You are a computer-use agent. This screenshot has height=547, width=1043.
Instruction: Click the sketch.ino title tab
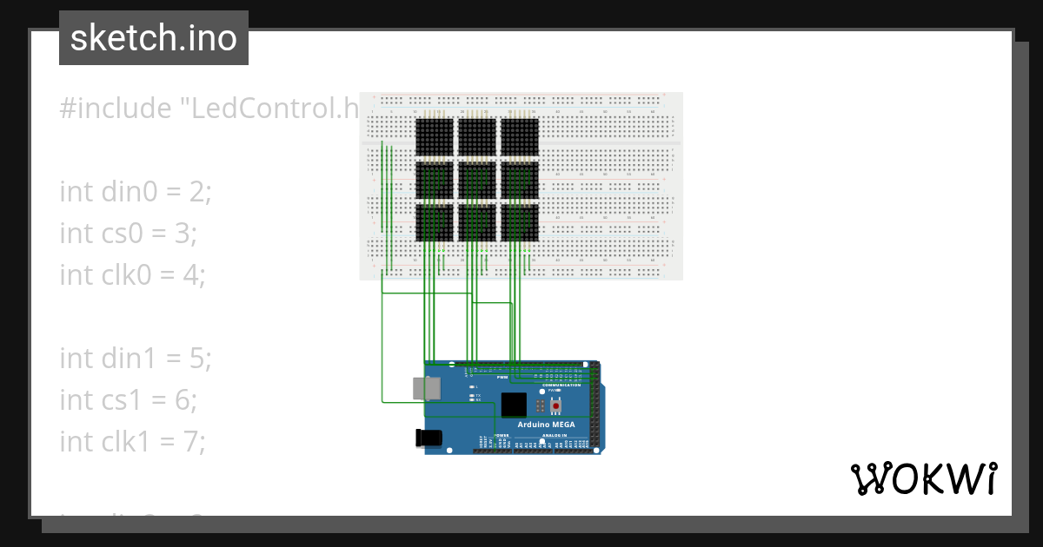click(x=153, y=38)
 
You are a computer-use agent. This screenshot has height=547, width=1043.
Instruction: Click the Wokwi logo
click(x=924, y=478)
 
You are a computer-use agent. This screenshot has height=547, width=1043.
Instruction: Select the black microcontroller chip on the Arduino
click(x=514, y=405)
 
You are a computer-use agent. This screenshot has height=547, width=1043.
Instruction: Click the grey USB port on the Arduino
click(x=425, y=389)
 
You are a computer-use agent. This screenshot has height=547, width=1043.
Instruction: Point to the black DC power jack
click(x=430, y=438)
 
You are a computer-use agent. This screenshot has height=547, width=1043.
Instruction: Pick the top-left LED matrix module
click(x=435, y=136)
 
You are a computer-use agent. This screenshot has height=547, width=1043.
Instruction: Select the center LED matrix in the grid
click(x=476, y=179)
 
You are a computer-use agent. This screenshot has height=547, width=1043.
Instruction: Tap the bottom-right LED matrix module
click(x=519, y=221)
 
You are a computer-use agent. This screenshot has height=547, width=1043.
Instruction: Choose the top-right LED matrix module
click(x=519, y=136)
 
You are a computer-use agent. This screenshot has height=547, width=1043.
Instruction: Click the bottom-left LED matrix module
click(x=435, y=221)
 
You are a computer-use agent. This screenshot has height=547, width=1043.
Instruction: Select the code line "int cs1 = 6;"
click(x=129, y=399)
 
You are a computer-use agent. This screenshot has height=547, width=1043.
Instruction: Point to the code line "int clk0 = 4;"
click(x=132, y=274)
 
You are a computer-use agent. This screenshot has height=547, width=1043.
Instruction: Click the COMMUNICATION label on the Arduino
click(x=561, y=385)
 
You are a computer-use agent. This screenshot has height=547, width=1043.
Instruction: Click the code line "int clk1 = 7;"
click(x=132, y=441)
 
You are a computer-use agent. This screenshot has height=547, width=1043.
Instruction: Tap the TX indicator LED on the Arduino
click(x=470, y=395)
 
